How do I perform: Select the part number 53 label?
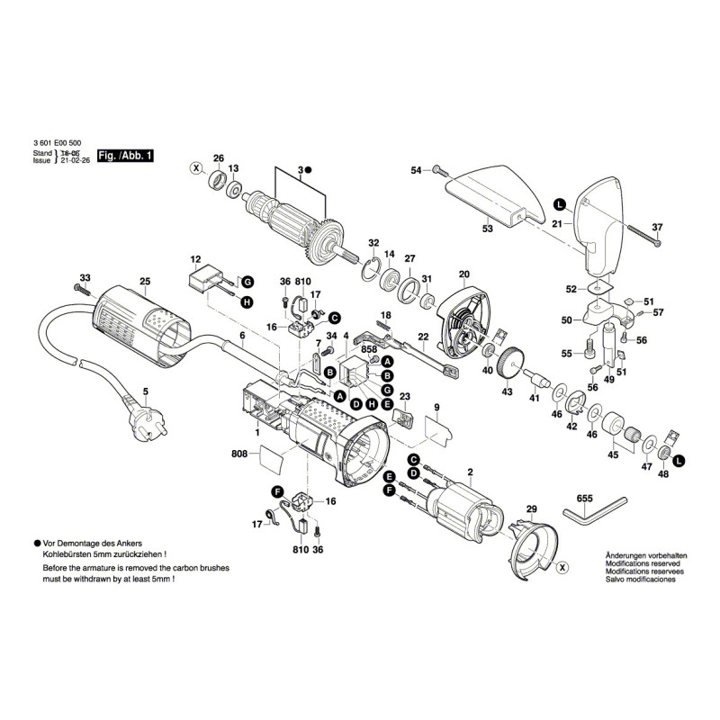point(487,230)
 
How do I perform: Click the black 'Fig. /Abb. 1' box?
point(126,156)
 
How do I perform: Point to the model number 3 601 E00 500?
point(57,141)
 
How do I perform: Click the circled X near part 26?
point(194,168)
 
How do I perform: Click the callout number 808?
point(239,454)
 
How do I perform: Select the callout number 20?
point(464,274)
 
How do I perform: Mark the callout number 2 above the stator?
point(470,472)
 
